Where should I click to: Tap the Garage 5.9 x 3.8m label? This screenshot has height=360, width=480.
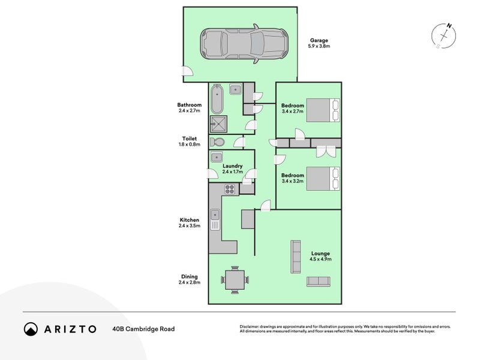tap(319, 43)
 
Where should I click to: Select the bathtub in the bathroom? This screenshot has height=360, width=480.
tap(217, 100)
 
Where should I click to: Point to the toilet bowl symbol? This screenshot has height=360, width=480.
tap(217, 142)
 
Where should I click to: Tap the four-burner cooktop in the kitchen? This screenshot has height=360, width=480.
tap(229, 188)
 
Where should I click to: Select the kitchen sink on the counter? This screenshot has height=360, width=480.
tap(215, 220)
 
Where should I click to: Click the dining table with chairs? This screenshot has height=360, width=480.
tap(234, 279)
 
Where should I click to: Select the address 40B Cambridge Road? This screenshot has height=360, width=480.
tap(143, 329)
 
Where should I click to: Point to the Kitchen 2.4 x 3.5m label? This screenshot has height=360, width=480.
tap(189, 223)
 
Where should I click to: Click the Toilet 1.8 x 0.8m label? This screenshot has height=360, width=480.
tap(189, 142)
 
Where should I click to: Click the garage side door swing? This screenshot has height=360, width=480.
tap(188, 71)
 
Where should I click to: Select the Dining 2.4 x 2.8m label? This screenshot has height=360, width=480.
tap(189, 280)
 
